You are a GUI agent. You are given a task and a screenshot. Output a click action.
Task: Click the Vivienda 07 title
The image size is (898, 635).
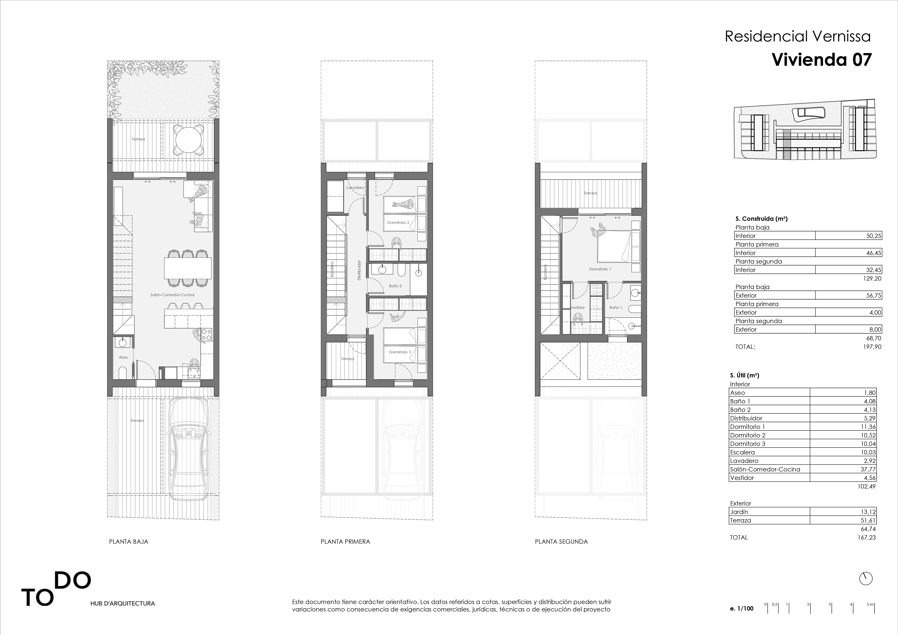[x=821, y=60]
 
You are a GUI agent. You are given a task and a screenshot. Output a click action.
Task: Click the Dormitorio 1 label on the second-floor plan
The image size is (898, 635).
[x=600, y=269]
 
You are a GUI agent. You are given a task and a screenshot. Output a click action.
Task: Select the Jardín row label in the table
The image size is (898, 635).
[x=739, y=512]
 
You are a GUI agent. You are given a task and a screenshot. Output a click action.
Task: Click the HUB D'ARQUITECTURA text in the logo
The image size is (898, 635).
[x=122, y=603]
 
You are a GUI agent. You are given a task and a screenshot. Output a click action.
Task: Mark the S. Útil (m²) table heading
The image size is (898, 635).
[x=744, y=375]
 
